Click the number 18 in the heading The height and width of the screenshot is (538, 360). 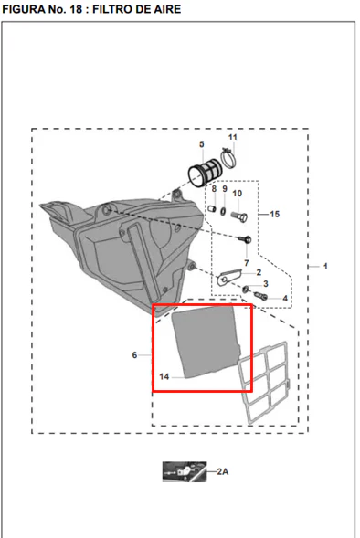pos(76,9)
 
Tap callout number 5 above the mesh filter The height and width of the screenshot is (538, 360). pos(201,144)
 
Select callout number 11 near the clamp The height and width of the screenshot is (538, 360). pos(233,137)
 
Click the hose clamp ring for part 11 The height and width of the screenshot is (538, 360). pos(229,159)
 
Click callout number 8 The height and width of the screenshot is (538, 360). pos(214,189)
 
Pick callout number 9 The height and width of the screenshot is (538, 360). pos(225,189)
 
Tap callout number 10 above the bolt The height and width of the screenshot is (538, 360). pos(238,194)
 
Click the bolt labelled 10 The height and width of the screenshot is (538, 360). pos(238,216)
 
